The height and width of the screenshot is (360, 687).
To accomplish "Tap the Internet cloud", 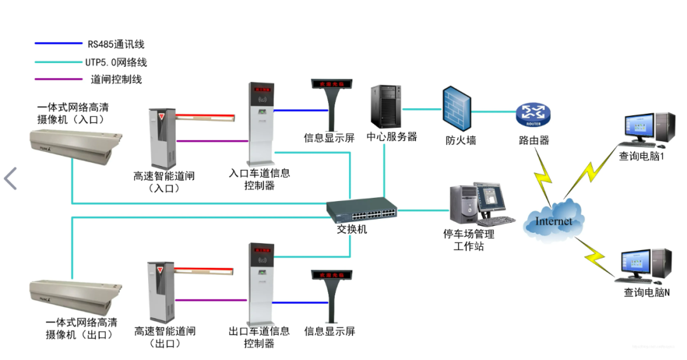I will (553, 220).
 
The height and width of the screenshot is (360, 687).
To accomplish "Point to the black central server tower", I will (384, 107).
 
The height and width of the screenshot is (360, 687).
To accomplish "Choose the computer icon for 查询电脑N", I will (644, 266).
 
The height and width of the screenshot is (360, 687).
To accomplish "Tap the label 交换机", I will (352, 229).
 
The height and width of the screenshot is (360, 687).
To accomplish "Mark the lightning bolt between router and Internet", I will (545, 179).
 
